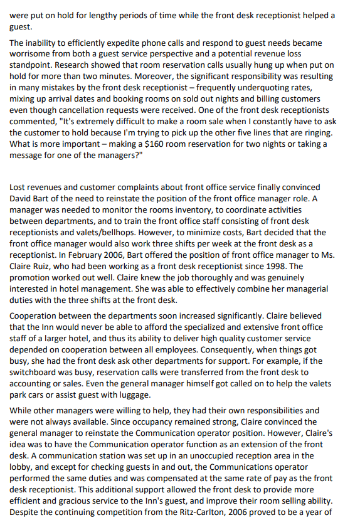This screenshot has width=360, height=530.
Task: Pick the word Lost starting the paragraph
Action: pyautogui.click(x=20, y=187)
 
